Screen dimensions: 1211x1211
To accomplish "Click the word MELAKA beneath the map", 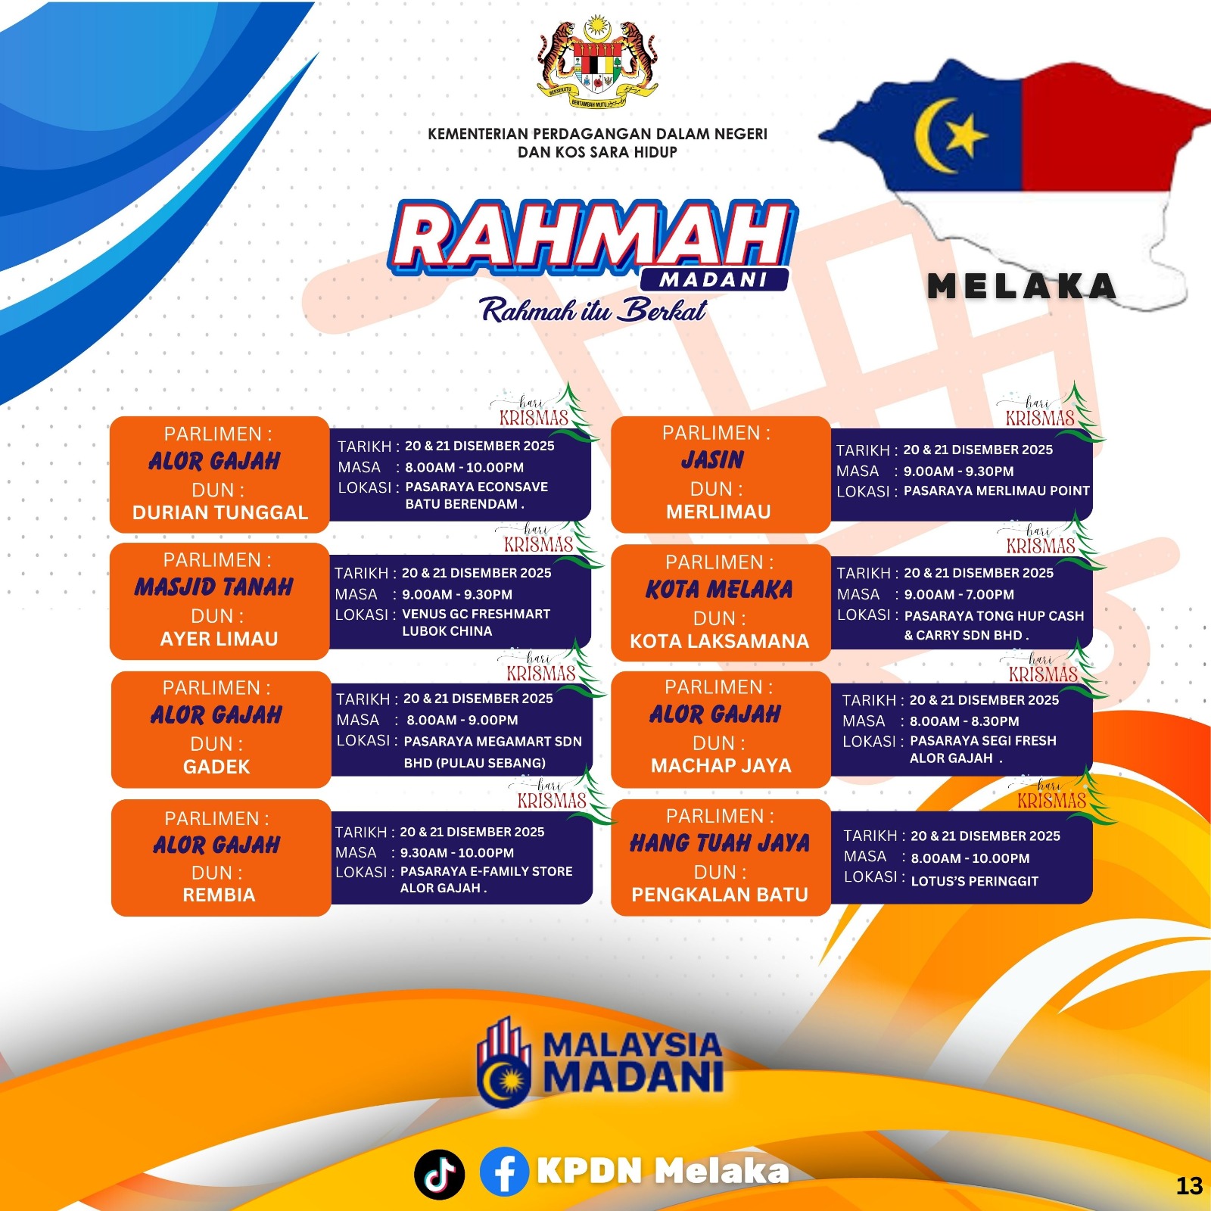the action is (1022, 287).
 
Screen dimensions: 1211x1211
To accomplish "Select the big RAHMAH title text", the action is (592, 237).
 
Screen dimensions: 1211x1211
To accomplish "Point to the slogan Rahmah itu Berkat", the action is (593, 310).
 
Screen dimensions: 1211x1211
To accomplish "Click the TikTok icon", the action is (439, 1174).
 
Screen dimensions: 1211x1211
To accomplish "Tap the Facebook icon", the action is (504, 1172).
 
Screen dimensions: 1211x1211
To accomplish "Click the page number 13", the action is (1189, 1185).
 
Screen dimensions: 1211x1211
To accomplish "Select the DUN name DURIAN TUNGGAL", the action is (220, 513).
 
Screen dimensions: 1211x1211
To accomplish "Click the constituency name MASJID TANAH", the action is (214, 587).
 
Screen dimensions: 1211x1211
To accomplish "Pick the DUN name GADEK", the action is (216, 767).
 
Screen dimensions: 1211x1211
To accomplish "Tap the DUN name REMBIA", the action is (219, 895).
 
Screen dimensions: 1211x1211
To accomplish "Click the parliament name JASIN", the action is (712, 460).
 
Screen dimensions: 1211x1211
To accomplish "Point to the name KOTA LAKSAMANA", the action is (719, 642).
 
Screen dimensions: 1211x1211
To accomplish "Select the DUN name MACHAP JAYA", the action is (721, 766).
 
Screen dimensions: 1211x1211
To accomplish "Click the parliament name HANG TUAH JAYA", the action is (720, 843).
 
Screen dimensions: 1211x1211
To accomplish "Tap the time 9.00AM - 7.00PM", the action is (959, 595).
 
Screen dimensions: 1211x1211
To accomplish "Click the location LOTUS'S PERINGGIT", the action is (974, 881).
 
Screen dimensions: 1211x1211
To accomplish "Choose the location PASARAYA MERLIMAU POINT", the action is (997, 490).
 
